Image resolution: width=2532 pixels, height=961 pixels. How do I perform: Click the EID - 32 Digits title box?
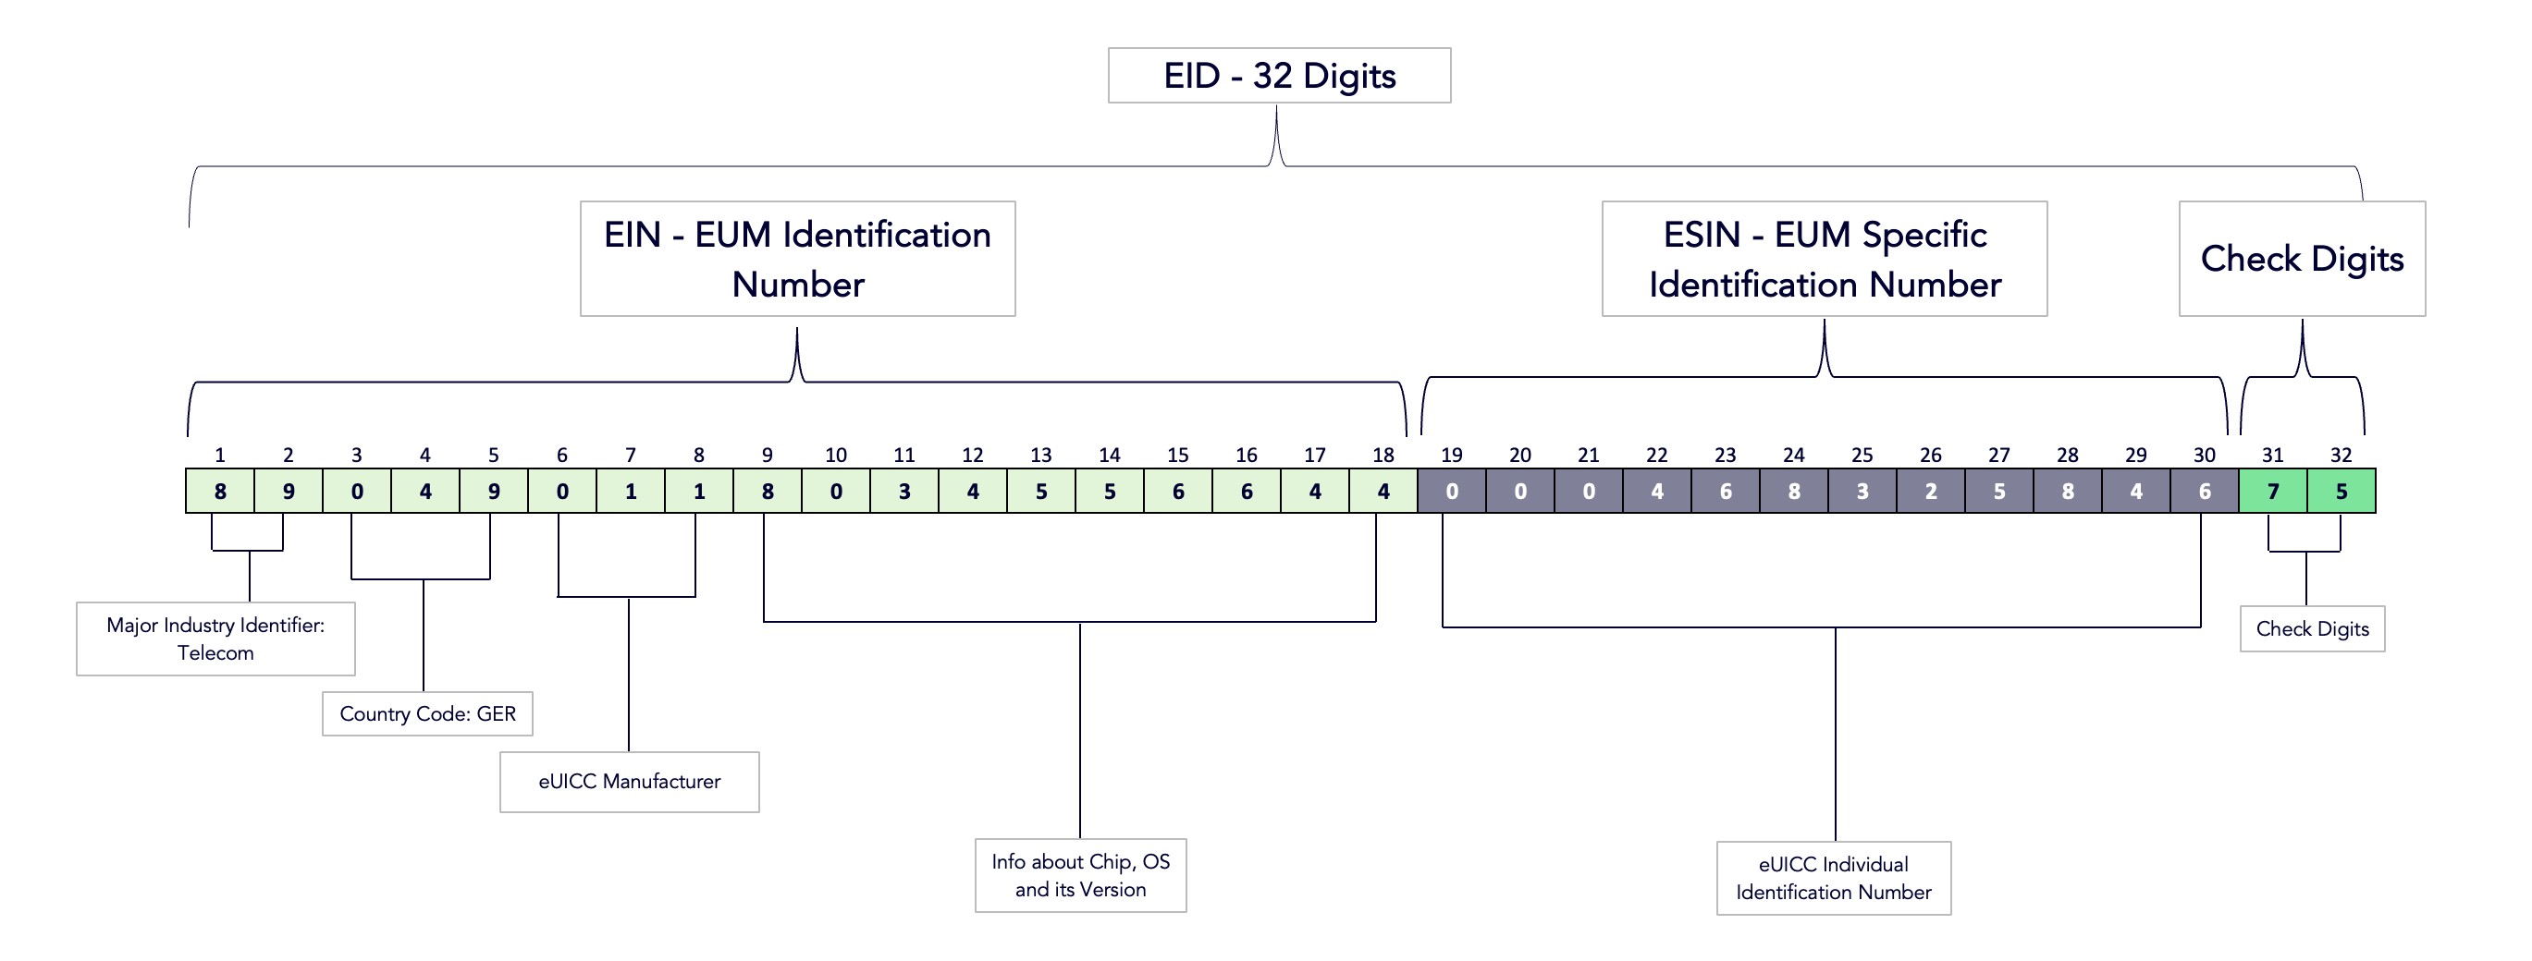1279,76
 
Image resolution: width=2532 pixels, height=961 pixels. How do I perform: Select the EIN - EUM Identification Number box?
797,259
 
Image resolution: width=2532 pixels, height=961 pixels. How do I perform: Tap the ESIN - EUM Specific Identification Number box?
1825,259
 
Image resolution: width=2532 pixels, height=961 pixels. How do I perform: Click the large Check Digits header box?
2302,259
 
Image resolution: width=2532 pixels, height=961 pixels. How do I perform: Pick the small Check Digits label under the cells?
2312,629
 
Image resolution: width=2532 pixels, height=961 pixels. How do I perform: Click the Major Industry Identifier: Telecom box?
215,639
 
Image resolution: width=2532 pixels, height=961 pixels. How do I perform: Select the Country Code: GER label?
427,713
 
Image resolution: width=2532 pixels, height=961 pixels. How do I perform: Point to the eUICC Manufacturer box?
629,781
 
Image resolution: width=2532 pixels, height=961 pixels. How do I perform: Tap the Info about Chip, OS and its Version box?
1080,874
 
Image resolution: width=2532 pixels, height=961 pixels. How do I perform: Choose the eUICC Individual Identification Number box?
1833,878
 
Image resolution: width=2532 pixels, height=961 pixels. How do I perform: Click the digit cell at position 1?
220,492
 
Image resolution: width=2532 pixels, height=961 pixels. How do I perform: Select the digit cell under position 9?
768,492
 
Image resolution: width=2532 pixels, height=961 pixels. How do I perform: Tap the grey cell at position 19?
1452,492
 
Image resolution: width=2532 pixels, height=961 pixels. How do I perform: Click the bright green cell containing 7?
2272,492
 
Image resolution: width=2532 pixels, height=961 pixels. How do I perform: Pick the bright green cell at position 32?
2341,492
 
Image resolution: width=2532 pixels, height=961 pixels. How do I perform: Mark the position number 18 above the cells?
1383,455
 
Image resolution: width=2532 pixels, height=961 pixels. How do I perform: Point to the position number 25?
1862,455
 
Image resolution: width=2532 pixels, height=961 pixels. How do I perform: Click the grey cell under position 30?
2205,492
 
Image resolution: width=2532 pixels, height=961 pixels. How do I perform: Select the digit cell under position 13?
1041,492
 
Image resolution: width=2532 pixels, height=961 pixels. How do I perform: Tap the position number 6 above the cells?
562,455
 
